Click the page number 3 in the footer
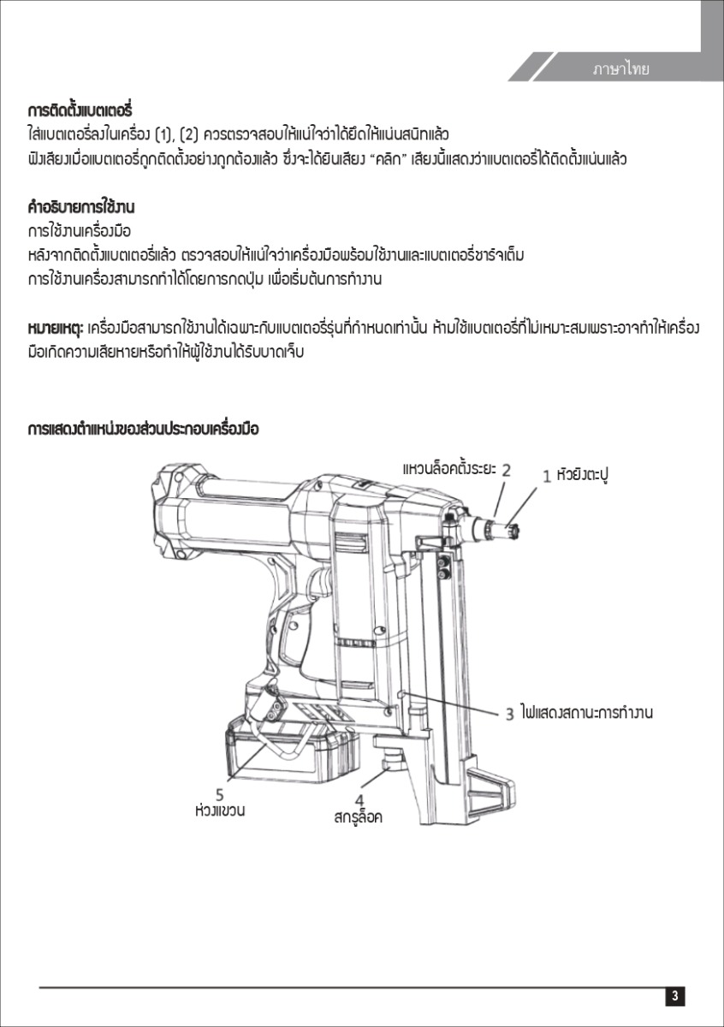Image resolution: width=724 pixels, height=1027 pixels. click(675, 995)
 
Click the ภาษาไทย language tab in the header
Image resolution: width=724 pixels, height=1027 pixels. click(620, 69)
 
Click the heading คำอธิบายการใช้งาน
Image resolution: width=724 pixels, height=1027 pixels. click(81, 208)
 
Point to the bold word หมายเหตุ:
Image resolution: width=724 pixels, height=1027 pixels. click(55, 329)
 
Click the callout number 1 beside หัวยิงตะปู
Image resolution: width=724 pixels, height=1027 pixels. click(547, 476)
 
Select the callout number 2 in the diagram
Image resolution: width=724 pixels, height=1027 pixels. click(507, 469)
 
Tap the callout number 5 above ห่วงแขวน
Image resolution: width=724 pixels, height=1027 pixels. click(220, 793)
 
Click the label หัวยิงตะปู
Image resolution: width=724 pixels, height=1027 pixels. click(587, 473)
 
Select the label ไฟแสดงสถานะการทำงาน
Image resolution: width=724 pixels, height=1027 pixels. click(586, 712)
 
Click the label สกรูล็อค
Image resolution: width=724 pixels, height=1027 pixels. click(358, 817)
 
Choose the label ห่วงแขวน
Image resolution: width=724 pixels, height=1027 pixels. click(220, 809)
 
